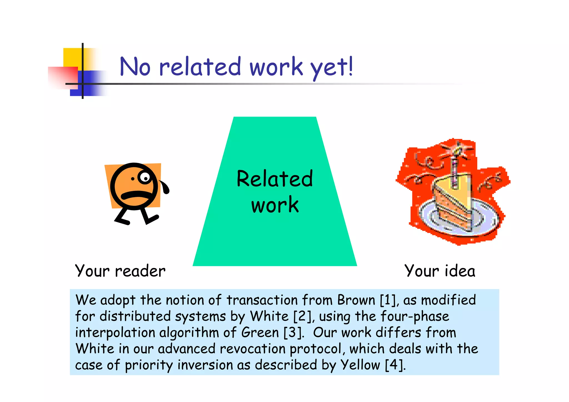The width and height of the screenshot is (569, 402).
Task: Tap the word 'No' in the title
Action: pos(135,67)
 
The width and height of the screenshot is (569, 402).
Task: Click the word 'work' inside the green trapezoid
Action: pos(275,205)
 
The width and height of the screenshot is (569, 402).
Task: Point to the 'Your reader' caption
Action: pos(120,271)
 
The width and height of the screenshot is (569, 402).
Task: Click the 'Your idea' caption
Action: pos(440,271)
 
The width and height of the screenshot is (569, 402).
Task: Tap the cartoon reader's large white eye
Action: pos(144,177)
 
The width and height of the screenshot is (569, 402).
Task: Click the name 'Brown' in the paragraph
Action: pos(356,300)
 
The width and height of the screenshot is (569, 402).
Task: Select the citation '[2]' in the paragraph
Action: pos(302,316)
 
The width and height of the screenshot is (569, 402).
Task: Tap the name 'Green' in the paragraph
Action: pos(260,333)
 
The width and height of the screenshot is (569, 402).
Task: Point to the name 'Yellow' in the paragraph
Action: pos(360,365)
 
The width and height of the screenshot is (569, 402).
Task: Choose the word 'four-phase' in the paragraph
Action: pos(415,316)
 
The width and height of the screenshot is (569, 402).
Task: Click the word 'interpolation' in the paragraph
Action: pos(115,333)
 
